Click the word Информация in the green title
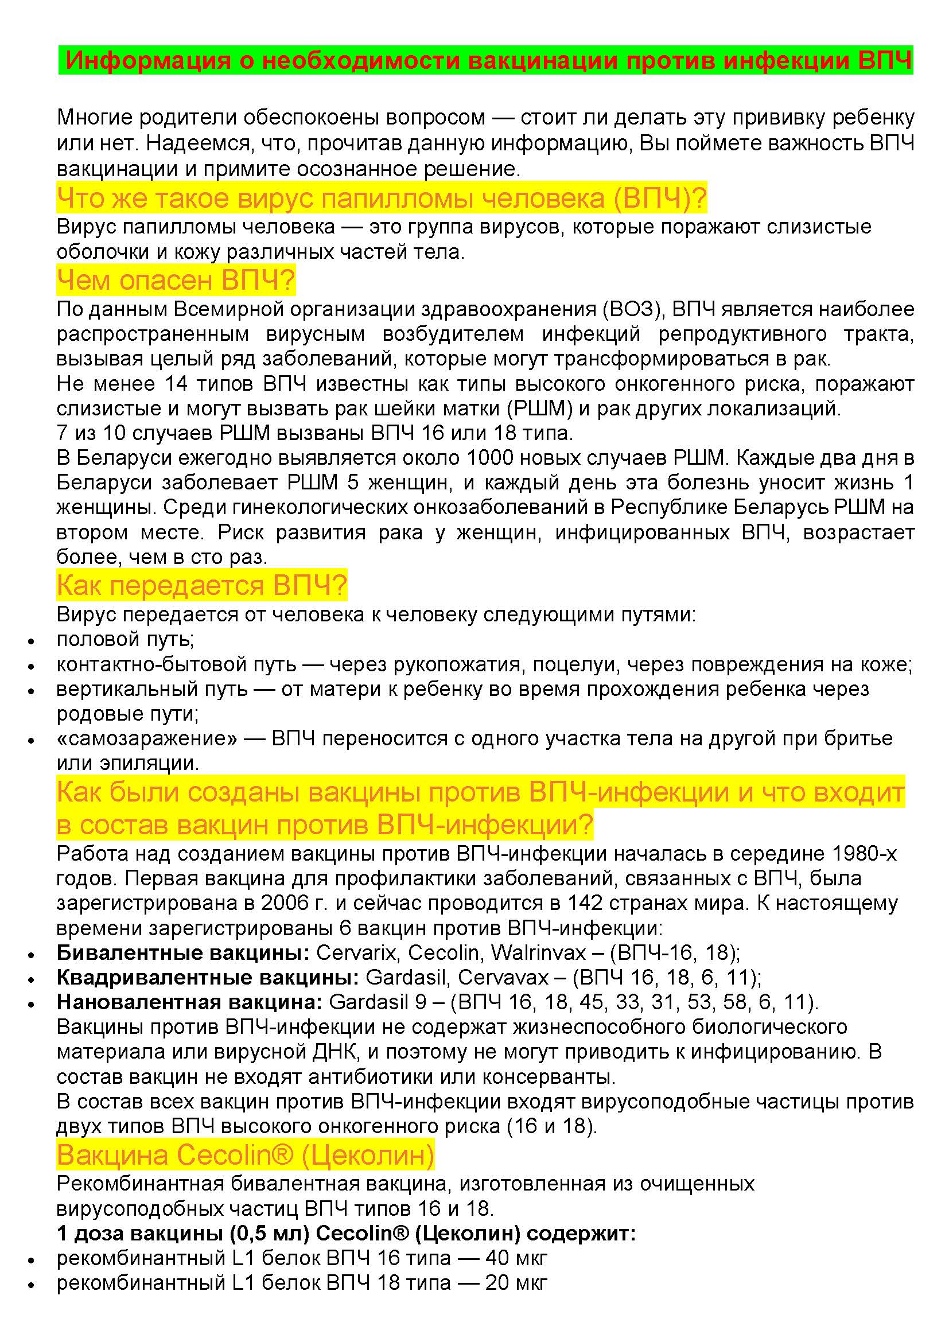point(148,60)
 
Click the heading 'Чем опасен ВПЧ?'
point(176,281)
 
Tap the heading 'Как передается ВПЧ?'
point(201,585)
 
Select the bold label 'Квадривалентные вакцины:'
point(208,977)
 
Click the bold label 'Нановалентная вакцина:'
point(189,1002)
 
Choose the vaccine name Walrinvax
point(538,953)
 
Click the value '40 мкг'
point(516,1257)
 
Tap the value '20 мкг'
point(516,1282)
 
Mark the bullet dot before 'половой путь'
point(32,641)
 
